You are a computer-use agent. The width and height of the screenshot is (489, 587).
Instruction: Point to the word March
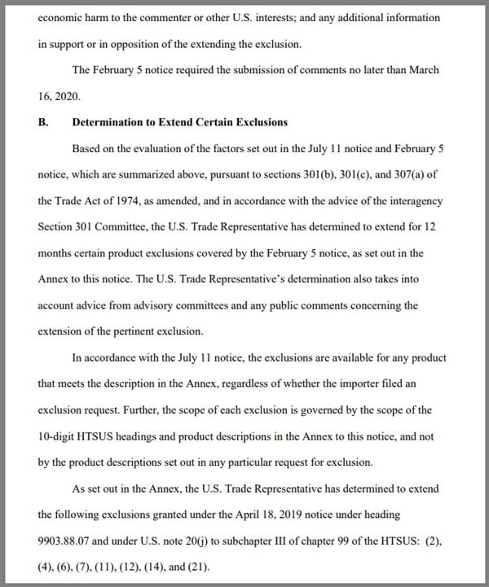click(x=422, y=70)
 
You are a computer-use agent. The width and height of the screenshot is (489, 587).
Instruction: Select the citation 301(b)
click(x=282, y=174)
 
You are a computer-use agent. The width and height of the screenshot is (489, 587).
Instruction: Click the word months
click(x=56, y=252)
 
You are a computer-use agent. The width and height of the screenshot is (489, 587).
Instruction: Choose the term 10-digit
click(x=58, y=436)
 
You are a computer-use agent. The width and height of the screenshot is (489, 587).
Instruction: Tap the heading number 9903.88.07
click(x=68, y=541)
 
